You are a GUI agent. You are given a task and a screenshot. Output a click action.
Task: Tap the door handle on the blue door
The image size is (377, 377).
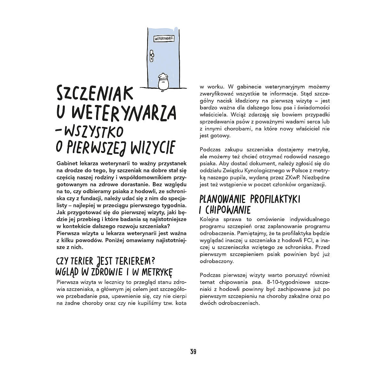pos(152,56)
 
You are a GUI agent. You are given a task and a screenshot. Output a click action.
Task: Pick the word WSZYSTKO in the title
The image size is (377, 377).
pos(93,131)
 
